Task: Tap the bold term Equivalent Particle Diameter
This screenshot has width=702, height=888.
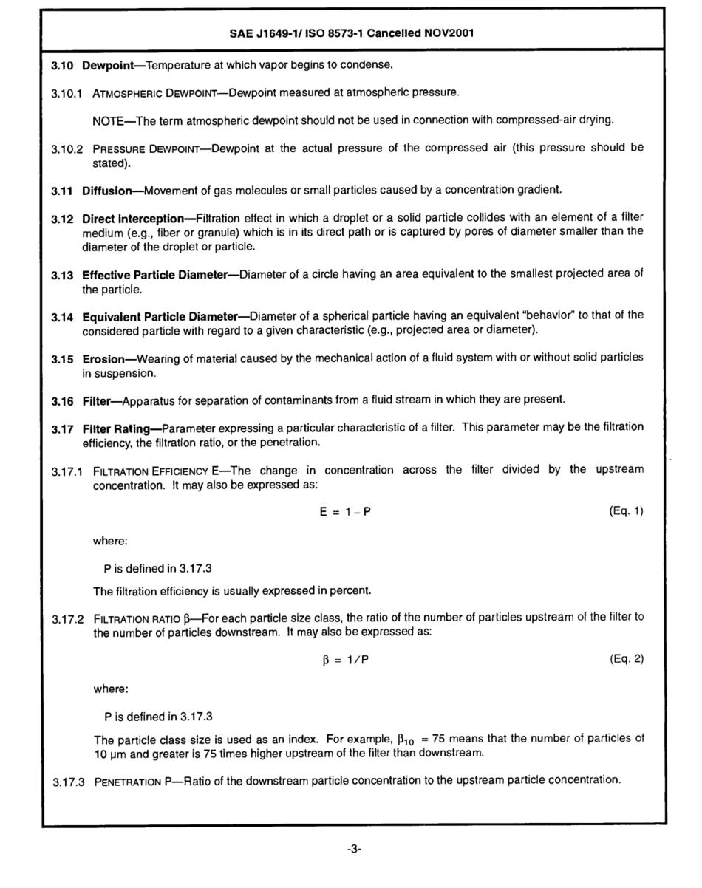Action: coord(161,315)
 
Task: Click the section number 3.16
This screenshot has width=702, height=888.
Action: coord(61,400)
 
